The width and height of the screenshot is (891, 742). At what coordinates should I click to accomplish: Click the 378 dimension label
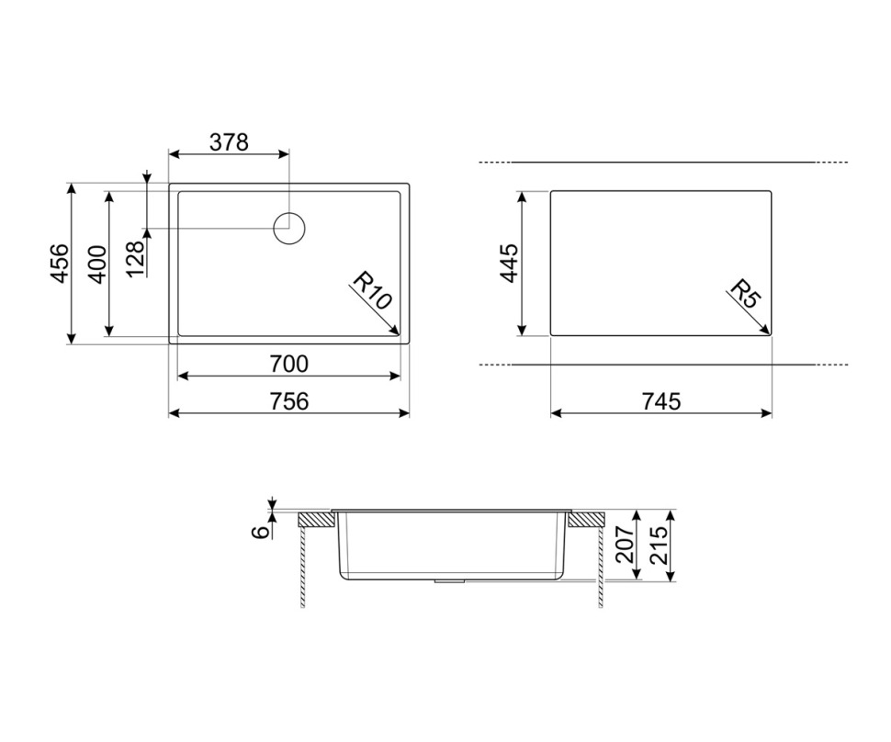point(229,142)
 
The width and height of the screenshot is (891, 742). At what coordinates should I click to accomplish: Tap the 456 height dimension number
point(60,263)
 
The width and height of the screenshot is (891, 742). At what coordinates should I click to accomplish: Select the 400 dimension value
point(97,264)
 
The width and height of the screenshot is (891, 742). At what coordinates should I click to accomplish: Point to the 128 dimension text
point(135,259)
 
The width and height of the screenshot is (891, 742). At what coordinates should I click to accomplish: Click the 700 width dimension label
point(288,364)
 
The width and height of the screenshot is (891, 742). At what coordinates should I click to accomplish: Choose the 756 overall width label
point(288,401)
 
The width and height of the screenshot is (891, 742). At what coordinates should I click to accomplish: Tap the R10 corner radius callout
point(372,290)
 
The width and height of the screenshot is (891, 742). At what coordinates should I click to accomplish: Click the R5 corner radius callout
point(744,293)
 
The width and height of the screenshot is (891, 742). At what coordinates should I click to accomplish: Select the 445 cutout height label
point(510,263)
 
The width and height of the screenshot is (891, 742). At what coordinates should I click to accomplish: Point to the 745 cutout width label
point(661,401)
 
